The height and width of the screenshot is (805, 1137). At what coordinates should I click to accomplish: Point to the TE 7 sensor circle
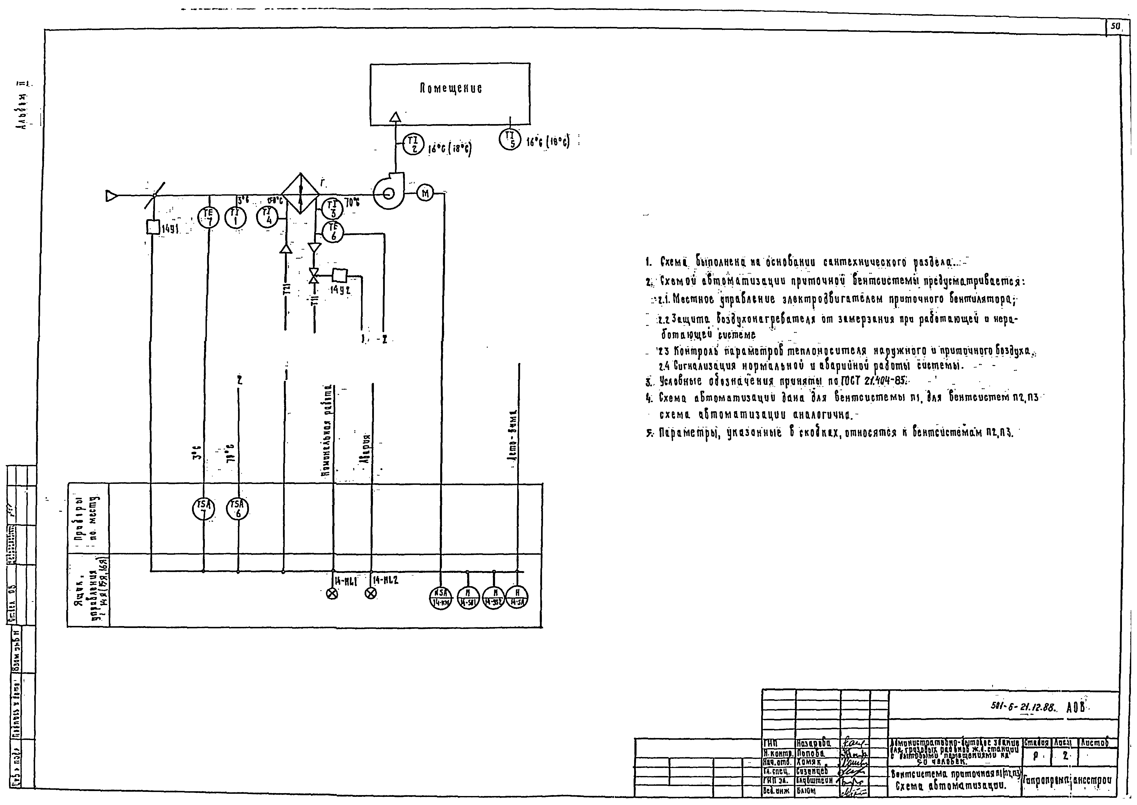point(209,217)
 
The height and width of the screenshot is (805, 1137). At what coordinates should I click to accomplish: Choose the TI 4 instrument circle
point(268,216)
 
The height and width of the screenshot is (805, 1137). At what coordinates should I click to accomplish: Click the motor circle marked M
point(425,193)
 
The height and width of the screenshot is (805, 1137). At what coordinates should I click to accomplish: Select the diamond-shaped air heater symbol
point(300,193)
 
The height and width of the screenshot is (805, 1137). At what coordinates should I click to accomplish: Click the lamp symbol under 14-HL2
point(370,593)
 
